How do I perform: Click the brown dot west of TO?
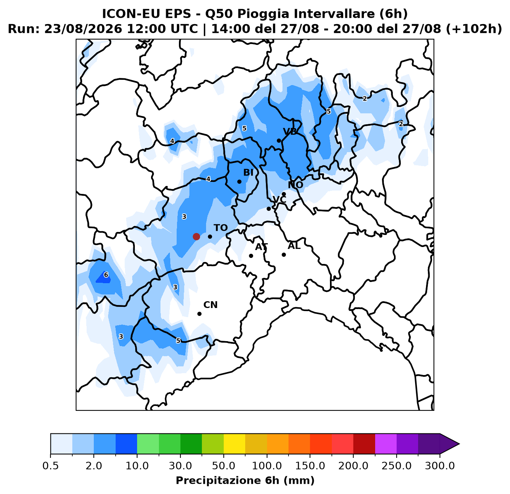coord(196,236)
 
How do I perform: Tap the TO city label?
coord(221,228)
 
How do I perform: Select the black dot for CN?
coord(199,314)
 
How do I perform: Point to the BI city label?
coord(248,172)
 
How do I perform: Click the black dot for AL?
coord(284,255)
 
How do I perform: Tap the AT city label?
coord(261,247)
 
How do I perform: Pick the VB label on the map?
coord(290,131)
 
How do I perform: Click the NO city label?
coord(295,185)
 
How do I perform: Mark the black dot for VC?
coord(269,209)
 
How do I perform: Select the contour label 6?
coord(106,275)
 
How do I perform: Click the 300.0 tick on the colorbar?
coord(440,466)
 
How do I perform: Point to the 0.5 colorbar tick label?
coord(50,466)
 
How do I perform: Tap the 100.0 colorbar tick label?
coord(267,466)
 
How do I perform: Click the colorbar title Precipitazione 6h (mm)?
coord(245,480)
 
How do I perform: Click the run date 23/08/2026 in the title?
coord(83,29)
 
